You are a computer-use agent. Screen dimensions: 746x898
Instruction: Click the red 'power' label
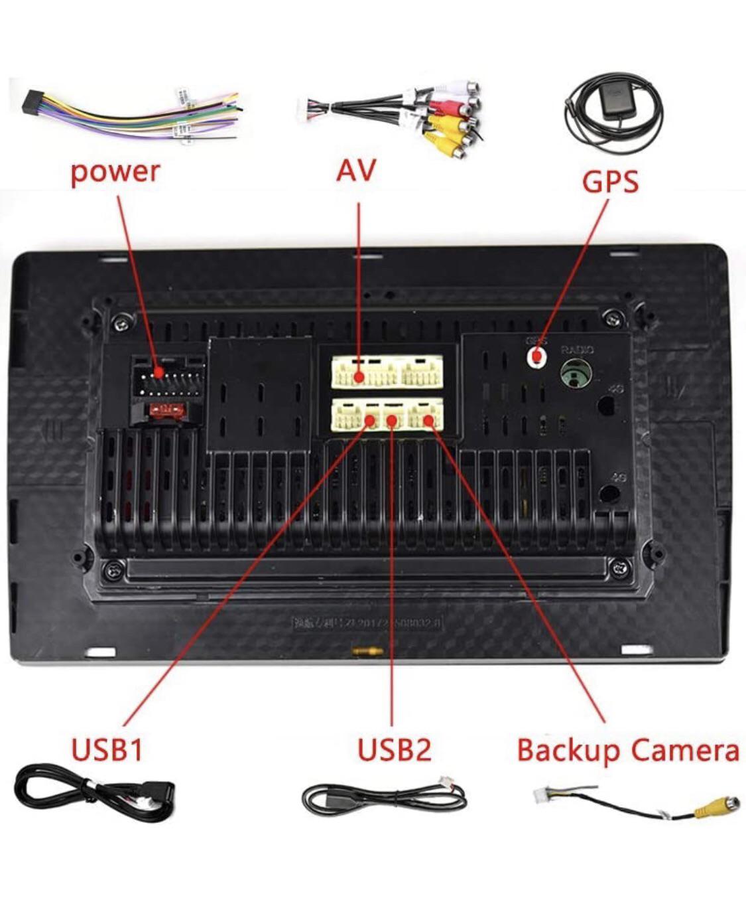[x=115, y=171]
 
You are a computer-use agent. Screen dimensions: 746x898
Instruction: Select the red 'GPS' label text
[x=610, y=181]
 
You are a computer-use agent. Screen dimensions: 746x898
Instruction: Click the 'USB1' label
[x=107, y=749]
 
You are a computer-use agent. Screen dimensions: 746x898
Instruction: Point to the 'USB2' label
[x=394, y=749]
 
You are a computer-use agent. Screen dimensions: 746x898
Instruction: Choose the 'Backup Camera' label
[x=627, y=750]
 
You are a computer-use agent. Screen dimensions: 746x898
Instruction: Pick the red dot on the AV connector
[x=359, y=378]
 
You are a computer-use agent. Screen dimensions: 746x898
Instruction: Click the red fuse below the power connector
[x=164, y=411]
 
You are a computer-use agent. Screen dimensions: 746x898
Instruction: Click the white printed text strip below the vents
[x=367, y=623]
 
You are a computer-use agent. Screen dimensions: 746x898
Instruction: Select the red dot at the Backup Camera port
[x=428, y=419]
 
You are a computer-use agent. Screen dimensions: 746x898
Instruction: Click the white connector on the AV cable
[x=305, y=104]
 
